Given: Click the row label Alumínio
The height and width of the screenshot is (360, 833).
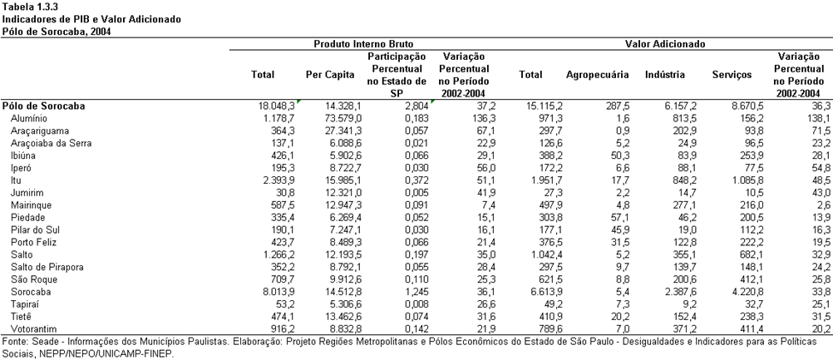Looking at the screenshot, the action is point(29,118).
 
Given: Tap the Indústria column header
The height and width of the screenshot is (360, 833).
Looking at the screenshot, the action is point(664,75).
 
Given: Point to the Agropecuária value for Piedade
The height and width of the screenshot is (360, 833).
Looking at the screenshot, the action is point(618,218).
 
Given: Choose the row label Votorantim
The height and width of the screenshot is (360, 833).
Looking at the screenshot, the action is point(33,329).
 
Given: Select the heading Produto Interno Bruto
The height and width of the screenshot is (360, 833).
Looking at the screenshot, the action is point(362,44).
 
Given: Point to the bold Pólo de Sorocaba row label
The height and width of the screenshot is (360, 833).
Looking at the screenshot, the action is point(43,106).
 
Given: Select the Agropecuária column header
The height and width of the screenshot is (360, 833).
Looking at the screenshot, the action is point(597,75).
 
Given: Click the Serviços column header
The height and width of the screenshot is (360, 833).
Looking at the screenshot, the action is point(732,75).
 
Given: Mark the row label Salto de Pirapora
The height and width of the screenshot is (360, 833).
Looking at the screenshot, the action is point(47,267).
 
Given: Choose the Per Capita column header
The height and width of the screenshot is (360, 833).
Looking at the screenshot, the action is point(330,75).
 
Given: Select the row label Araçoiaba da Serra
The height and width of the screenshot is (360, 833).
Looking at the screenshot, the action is point(51,143).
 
